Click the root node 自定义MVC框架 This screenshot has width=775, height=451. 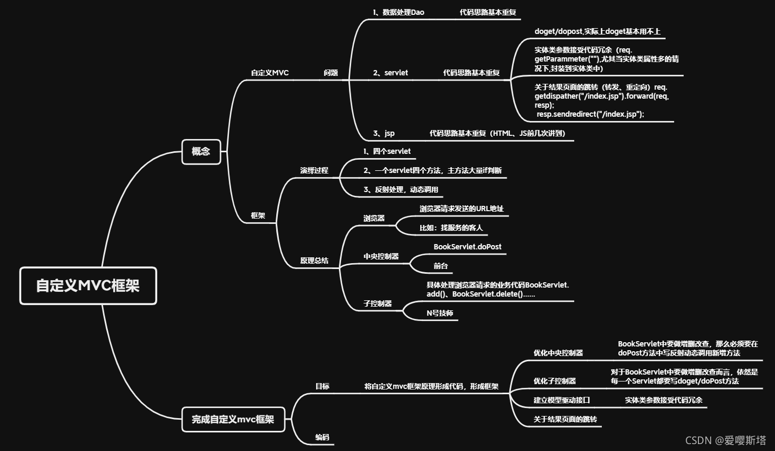pyautogui.click(x=88, y=285)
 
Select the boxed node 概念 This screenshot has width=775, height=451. pyautogui.click(x=201, y=151)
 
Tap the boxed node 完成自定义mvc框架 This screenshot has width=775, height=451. pyautogui.click(x=233, y=419)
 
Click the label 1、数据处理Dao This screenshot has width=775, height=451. pyautogui.click(x=398, y=12)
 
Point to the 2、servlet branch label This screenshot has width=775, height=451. pyautogui.click(x=390, y=73)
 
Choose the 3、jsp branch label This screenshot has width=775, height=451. pyautogui.click(x=384, y=133)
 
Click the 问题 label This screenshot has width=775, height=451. pyautogui.click(x=330, y=73)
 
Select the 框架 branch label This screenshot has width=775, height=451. pyautogui.click(x=258, y=215)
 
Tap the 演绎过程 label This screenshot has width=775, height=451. pyautogui.click(x=314, y=170)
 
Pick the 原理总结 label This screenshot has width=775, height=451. pyautogui.click(x=314, y=261)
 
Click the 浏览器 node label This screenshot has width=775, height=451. pyautogui.click(x=374, y=218)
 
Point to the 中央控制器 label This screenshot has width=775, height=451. pyautogui.click(x=381, y=256)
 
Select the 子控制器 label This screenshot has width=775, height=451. pyautogui.click(x=377, y=303)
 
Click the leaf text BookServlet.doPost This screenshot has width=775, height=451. pyautogui.click(x=467, y=247)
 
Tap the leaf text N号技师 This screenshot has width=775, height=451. pyautogui.click(x=440, y=313)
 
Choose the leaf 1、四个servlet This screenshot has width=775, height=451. pyautogui.click(x=387, y=151)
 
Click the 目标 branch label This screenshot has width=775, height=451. pyautogui.click(x=322, y=386)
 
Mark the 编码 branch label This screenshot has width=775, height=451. pyautogui.click(x=322, y=437)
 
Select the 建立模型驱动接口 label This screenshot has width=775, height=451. pyautogui.click(x=561, y=400)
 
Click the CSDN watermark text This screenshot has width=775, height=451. pyautogui.click(x=726, y=440)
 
